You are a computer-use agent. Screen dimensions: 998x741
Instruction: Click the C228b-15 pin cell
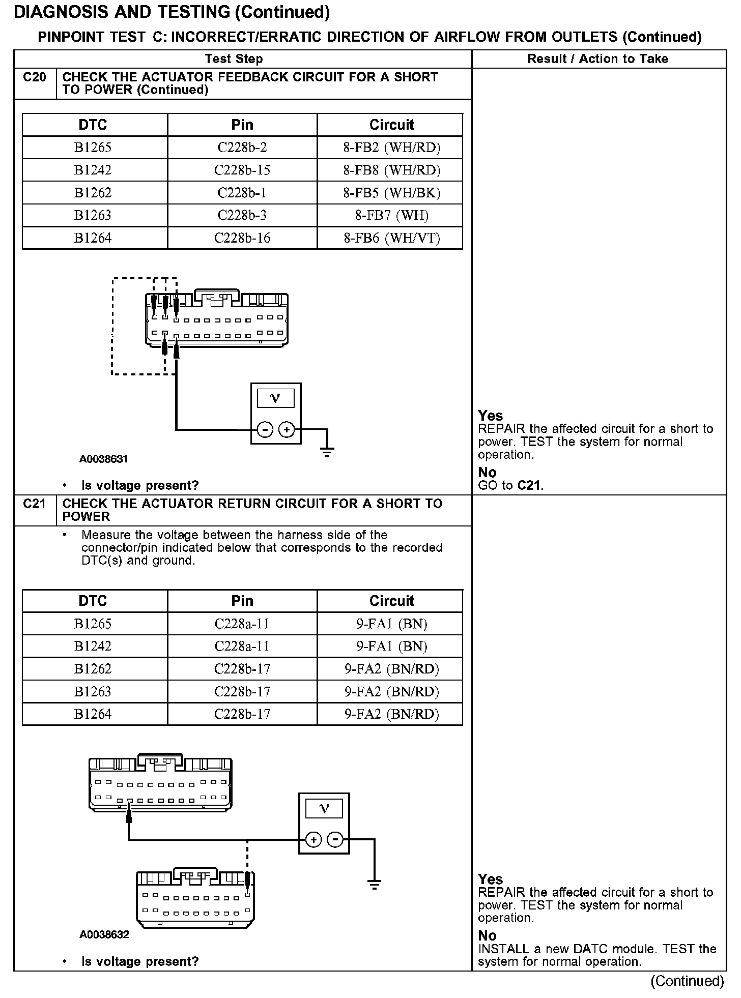[242, 170]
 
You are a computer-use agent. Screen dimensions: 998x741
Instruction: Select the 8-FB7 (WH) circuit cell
[391, 215]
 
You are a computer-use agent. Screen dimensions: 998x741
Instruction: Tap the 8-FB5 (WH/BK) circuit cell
[391, 193]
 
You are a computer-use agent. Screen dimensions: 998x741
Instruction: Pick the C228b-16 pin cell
[242, 238]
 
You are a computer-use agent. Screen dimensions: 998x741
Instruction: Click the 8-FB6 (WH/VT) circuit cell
[391, 238]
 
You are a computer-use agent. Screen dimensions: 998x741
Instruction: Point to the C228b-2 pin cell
[242, 148]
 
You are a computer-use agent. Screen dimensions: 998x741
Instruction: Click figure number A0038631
[103, 459]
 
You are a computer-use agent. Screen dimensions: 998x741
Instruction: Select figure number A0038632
[104, 934]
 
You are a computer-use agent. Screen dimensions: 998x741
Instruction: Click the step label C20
[35, 77]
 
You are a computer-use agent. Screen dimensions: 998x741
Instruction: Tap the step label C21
[35, 504]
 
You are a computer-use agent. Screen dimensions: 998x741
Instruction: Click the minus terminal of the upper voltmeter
[265, 430]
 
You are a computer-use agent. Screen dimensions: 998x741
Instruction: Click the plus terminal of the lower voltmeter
[313, 840]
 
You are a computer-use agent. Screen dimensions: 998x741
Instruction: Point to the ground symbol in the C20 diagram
[327, 450]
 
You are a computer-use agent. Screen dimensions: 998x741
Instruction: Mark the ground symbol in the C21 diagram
[374, 885]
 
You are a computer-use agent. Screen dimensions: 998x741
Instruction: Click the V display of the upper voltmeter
[275, 398]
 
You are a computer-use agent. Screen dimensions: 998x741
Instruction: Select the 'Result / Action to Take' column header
[597, 59]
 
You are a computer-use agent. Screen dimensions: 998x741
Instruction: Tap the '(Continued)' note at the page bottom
[687, 981]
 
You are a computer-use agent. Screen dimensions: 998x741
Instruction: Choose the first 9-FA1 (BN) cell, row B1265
[391, 624]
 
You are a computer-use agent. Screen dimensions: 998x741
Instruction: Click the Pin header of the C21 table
[242, 601]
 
